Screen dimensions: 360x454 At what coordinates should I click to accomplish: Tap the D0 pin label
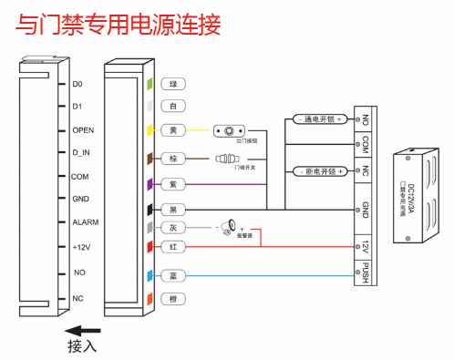(x=77, y=84)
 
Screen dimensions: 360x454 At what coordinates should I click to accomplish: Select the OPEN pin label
(x=83, y=130)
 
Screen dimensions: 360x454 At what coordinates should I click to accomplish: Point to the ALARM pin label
(x=86, y=222)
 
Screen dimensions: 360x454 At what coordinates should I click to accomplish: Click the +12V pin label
(x=82, y=246)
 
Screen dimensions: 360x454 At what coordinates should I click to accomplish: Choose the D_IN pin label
(x=81, y=153)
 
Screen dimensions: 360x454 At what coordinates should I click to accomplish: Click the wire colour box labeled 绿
(x=173, y=84)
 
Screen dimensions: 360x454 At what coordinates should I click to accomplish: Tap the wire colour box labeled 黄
(x=173, y=130)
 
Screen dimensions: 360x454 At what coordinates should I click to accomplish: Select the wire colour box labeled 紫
(x=173, y=184)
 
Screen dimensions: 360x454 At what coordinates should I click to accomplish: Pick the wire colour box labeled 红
(x=173, y=246)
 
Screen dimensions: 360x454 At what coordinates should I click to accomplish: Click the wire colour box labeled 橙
(x=173, y=299)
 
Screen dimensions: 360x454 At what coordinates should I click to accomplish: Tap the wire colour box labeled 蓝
(x=173, y=274)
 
